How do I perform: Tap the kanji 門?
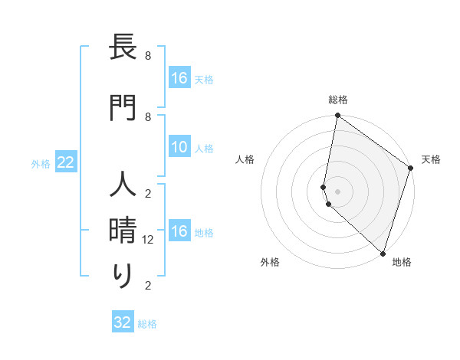point(123,107)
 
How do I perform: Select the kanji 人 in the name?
point(123,186)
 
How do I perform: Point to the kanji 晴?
point(123,231)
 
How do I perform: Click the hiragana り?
point(123,275)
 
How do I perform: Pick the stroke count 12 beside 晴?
point(149,240)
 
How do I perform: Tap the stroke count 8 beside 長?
point(149,56)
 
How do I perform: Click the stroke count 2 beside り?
point(149,286)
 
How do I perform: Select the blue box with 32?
point(123,322)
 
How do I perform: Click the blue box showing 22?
point(66,162)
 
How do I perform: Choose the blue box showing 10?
point(179,148)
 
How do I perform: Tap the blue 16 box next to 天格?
point(179,78)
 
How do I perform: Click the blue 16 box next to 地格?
point(179,232)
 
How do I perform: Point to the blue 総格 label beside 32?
point(147,324)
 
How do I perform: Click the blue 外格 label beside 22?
point(41,163)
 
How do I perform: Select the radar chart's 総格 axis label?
point(338,100)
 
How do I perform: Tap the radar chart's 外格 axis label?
point(270,262)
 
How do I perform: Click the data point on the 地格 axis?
point(383,253)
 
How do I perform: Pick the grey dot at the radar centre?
point(338,191)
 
